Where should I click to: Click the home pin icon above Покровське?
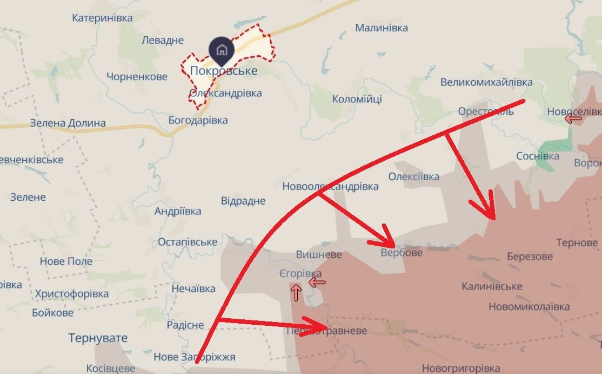(x=222, y=51)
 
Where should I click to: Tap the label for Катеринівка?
(x=102, y=18)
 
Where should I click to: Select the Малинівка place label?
(x=382, y=28)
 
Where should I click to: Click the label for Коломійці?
(x=357, y=99)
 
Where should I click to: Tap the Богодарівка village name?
(x=198, y=120)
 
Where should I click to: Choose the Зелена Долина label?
(x=68, y=123)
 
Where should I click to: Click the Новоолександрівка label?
(x=330, y=186)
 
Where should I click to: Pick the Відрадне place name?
(x=243, y=201)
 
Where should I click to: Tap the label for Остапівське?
(x=188, y=242)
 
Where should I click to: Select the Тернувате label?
(x=98, y=338)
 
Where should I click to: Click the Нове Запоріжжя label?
(x=195, y=357)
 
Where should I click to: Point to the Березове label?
(x=530, y=256)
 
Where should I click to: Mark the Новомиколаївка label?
(x=529, y=306)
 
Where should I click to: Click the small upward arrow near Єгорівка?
(x=296, y=293)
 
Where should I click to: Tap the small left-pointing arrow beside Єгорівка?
(x=317, y=282)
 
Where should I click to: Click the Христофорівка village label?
(x=71, y=294)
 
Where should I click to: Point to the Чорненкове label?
(x=137, y=77)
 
